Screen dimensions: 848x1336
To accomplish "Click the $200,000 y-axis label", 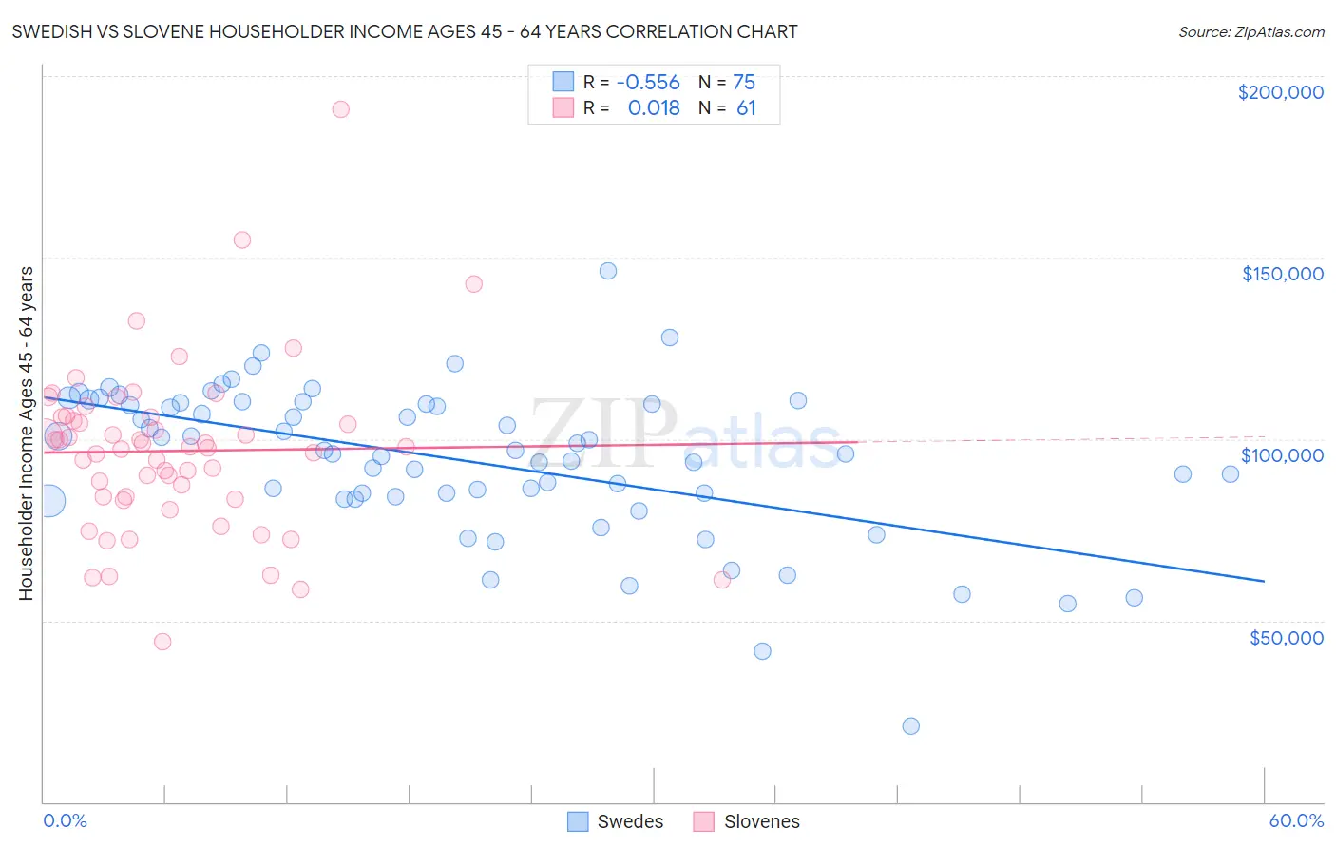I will [1280, 92].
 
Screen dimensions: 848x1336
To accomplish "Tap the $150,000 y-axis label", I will [1282, 274].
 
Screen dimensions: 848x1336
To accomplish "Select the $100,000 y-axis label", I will [1282, 455].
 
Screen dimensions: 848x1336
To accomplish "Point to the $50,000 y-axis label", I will [1286, 637].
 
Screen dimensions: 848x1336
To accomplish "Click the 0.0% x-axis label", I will [65, 820].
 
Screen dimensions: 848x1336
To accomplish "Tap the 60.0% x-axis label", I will [1295, 820].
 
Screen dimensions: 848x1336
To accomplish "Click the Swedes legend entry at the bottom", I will [615, 821].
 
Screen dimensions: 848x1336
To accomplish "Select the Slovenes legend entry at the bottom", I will [746, 821].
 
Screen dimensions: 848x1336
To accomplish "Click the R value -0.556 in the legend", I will [648, 83].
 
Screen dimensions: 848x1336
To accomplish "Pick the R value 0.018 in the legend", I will [654, 108].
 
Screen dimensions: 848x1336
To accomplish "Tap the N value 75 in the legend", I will [744, 83].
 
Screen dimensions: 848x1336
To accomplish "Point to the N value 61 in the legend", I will [746, 108].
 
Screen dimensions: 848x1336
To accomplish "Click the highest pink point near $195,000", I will [340, 109].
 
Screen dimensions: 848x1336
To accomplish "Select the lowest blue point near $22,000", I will [910, 726].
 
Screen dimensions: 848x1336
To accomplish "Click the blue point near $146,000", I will [608, 271].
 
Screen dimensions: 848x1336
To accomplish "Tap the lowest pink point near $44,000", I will [162, 642].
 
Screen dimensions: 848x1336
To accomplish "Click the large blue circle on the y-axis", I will [48, 500].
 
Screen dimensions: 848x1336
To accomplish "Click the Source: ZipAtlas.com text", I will [1250, 31].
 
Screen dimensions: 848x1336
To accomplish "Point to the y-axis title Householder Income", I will [26, 433].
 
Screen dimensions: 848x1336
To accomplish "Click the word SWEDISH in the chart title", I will [49, 31].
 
